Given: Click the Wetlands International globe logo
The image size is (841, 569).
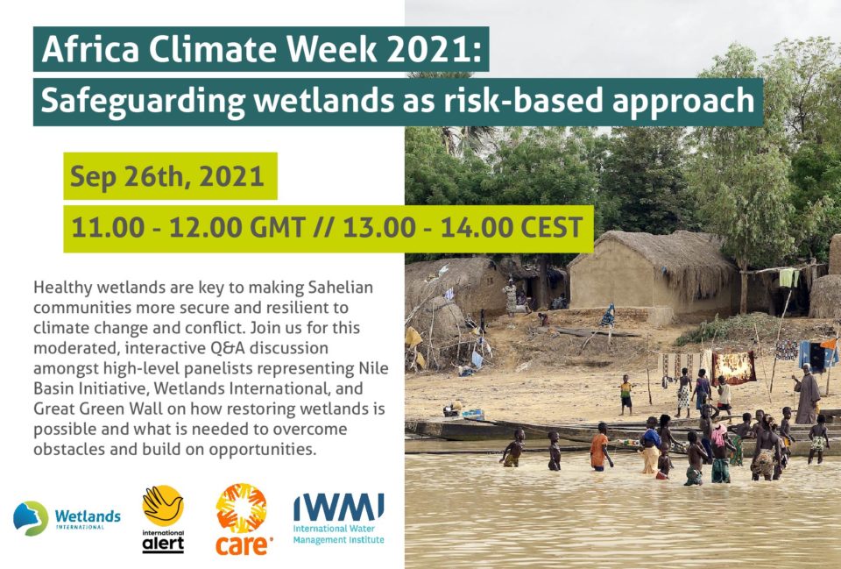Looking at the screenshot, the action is [31, 518].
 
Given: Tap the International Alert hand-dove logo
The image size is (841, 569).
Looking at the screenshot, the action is [163, 506].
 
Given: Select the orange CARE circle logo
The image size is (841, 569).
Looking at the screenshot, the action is [242, 509].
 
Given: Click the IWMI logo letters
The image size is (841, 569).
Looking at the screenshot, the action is [338, 508].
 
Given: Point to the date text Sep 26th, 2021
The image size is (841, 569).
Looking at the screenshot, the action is [166, 176].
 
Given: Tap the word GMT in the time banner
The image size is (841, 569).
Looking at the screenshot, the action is [278, 227].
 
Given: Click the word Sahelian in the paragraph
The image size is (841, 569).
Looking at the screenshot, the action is [341, 288].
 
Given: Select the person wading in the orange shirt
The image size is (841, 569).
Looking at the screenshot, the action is [599, 446].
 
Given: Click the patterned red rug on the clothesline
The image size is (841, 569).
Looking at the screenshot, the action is [734, 367].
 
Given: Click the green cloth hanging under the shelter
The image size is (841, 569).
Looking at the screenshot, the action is [787, 278].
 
